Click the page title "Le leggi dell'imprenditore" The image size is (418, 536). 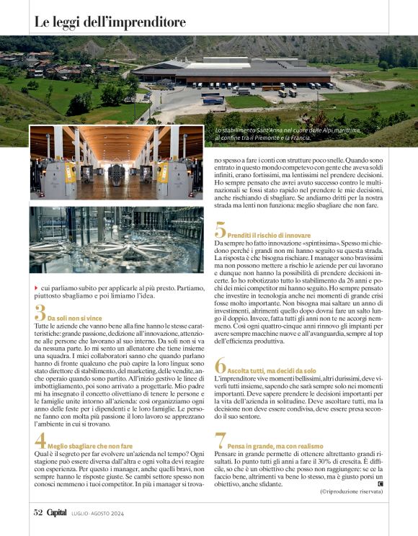tap(110, 22)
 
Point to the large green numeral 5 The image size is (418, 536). tap(221, 230)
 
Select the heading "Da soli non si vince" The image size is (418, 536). tap(76, 317)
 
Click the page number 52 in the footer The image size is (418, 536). tap(39, 512)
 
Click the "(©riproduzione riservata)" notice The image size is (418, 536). tap(351, 491)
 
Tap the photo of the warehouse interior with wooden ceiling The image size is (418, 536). tap(116, 164)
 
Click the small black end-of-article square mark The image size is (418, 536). tap(380, 483)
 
